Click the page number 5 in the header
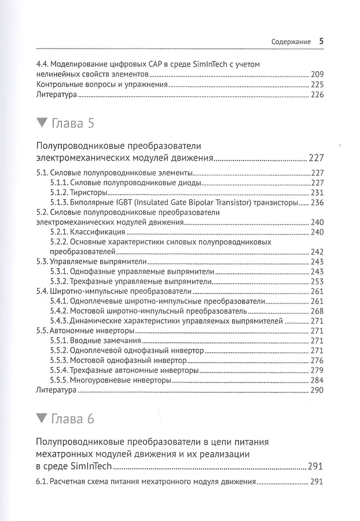point(322,42)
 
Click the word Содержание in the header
point(291,42)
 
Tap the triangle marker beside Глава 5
point(41,123)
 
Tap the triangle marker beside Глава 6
point(41,419)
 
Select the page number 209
point(318,74)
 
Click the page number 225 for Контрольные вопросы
point(318,85)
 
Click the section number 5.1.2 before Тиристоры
point(60,193)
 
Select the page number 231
point(318,193)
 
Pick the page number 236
point(318,203)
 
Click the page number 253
point(318,281)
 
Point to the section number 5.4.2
point(60,311)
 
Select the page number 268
point(318,311)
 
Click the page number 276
point(318,360)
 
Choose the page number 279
point(318,370)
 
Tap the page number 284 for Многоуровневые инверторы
point(318,380)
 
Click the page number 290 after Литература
point(318,391)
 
